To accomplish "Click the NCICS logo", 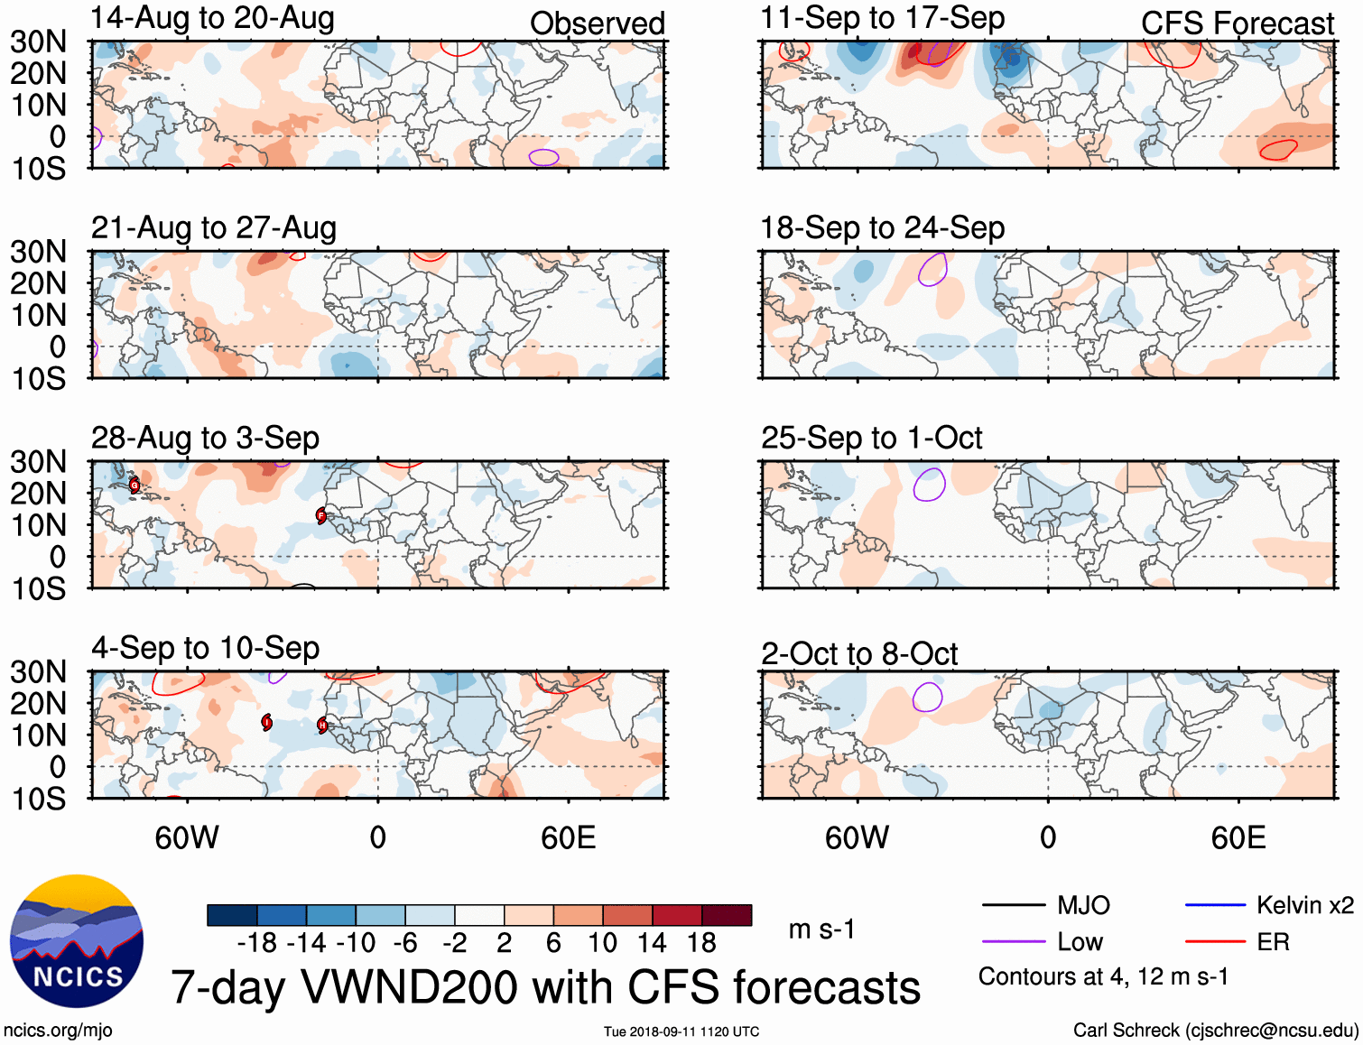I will (x=77, y=941).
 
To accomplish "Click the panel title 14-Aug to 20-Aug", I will (x=212, y=18).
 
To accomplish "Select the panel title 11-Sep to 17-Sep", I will (x=882, y=18).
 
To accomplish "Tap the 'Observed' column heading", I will (x=597, y=23).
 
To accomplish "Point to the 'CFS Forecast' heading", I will (x=1237, y=23).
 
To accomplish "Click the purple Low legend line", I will (x=1014, y=942).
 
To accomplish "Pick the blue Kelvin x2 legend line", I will (x=1215, y=905).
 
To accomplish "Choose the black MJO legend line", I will (x=1014, y=905).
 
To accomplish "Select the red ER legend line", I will (x=1215, y=942).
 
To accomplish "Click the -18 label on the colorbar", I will (x=257, y=943).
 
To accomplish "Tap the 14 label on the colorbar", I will (x=652, y=943).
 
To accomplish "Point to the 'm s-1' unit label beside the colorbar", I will (x=821, y=929).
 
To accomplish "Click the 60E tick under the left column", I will (x=568, y=837).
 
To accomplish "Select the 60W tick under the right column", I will (x=857, y=837).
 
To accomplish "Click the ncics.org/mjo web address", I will (x=58, y=1030).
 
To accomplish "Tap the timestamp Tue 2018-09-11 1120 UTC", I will (x=681, y=1031).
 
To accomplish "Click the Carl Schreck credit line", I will (x=1215, y=1030).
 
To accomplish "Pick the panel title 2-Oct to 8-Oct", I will (x=858, y=653).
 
